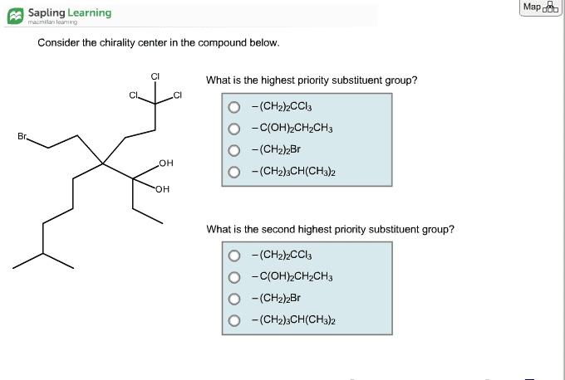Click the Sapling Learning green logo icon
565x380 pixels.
[x=16, y=16]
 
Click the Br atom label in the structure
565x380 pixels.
[x=22, y=136]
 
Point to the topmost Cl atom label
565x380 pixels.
[x=155, y=76]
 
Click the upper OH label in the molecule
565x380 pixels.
[x=166, y=163]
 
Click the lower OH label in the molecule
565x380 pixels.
[x=163, y=189]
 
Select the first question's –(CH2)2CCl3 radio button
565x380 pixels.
[x=234, y=107]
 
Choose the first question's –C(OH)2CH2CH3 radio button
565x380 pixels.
[x=234, y=129]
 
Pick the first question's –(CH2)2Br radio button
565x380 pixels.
[x=234, y=150]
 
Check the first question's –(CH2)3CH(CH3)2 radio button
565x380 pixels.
[x=234, y=172]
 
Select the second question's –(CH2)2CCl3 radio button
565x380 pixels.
[x=234, y=256]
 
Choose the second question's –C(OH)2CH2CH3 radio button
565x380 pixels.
[x=234, y=277]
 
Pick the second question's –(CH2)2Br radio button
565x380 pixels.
[x=234, y=299]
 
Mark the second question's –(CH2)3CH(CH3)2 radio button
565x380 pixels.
[x=234, y=320]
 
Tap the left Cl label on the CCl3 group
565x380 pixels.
[x=133, y=95]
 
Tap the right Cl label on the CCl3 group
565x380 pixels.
[x=177, y=95]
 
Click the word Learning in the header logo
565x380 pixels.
[x=90, y=13]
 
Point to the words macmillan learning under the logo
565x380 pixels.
[x=52, y=22]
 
